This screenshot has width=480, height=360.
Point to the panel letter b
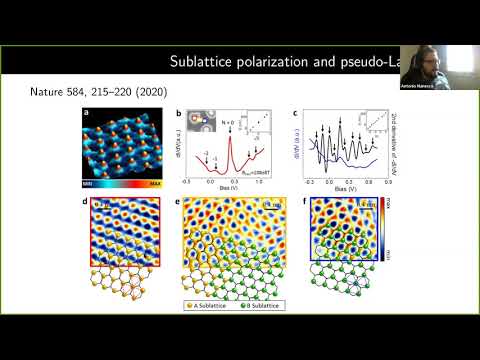click(177, 114)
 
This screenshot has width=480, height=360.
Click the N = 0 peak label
click(227, 122)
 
